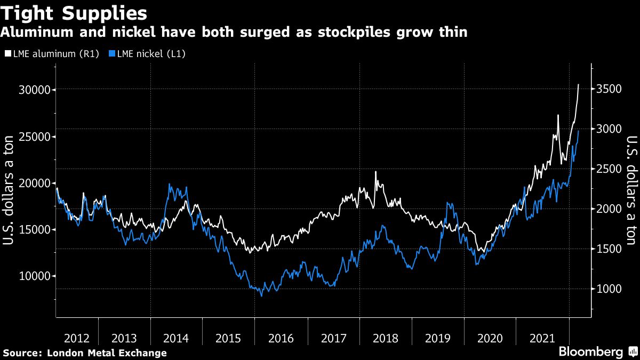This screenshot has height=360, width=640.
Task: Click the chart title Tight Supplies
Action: (74, 12)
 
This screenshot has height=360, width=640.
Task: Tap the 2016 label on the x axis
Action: (281, 338)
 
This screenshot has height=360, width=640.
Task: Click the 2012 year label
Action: (77, 338)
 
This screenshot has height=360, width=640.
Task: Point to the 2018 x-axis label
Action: (386, 338)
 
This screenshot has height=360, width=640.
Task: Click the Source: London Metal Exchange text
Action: (84, 353)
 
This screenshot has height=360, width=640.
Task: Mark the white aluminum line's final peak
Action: (579, 84)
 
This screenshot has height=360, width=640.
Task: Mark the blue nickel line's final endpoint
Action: (579, 131)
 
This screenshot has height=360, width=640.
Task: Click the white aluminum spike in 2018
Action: (375, 172)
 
